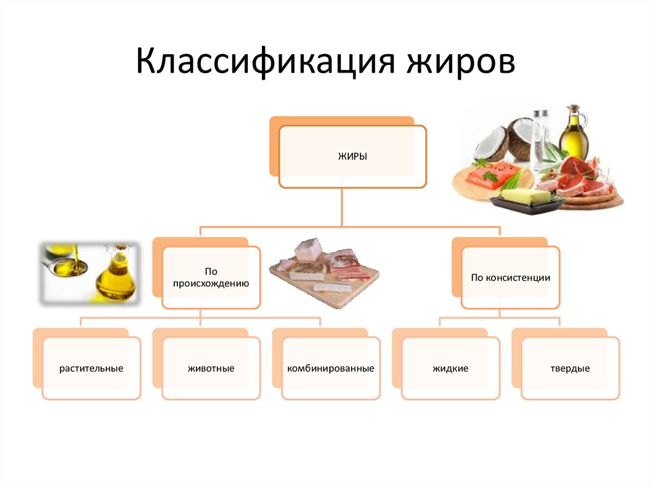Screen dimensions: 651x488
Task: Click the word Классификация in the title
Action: pos(265,62)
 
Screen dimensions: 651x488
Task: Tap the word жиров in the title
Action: pos(460,62)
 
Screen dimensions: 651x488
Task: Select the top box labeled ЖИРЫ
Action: pos(352,157)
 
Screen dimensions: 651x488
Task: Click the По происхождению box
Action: pos(211,277)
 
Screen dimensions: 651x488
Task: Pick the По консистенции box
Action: pos(511,277)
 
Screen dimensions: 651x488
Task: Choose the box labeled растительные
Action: pos(92,368)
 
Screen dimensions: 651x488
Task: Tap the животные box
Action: pos(211,368)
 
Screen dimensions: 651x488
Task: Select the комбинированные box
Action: pos(331,368)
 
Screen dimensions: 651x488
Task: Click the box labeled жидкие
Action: pos(451,368)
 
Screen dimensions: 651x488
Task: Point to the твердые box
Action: pos(570,368)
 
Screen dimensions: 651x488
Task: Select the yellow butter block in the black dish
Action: pos(525,197)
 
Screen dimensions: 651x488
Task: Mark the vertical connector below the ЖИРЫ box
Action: pos(341,207)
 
